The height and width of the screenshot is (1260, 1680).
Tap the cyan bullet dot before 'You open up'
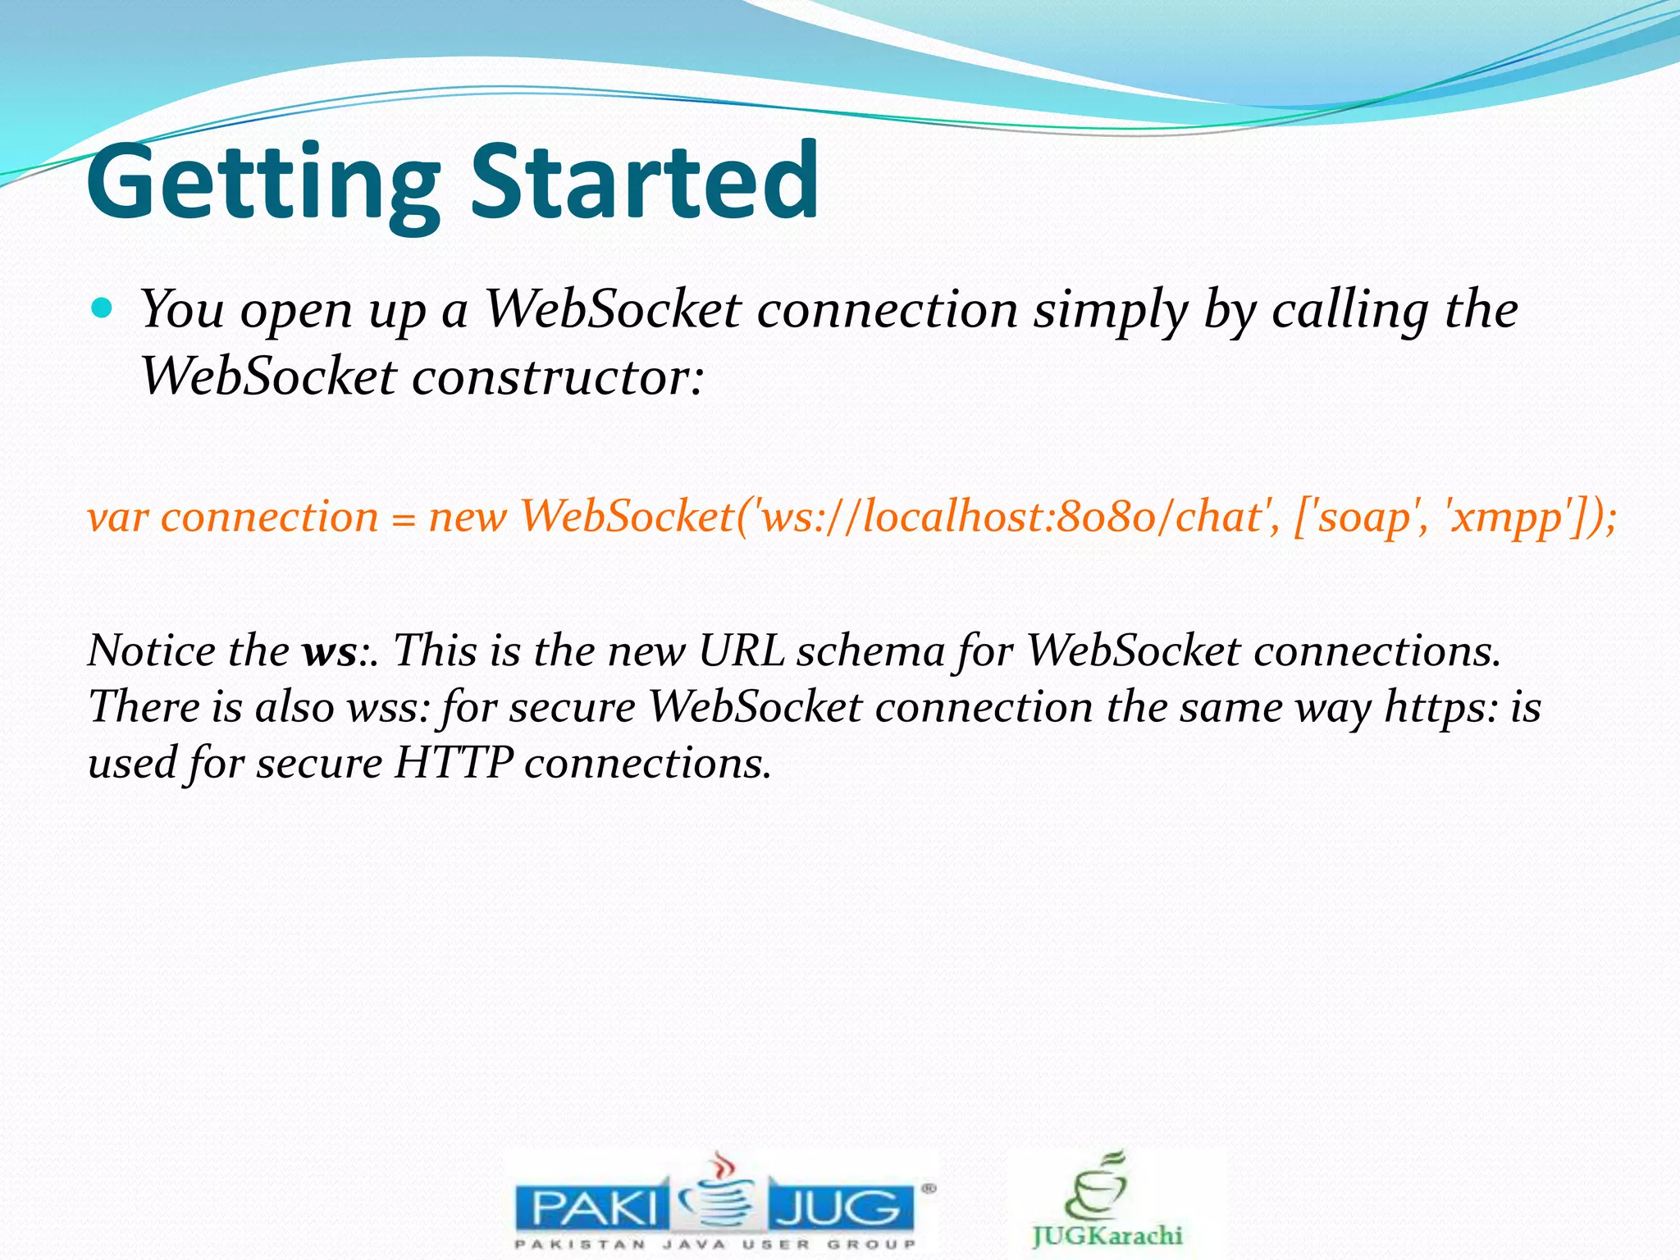[x=102, y=308]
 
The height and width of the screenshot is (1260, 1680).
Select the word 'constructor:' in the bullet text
[x=558, y=377]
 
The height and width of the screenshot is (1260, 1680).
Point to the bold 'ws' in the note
[x=329, y=652]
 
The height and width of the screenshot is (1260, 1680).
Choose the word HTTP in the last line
[x=453, y=764]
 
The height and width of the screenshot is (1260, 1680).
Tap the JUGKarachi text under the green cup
[x=1107, y=1235]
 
